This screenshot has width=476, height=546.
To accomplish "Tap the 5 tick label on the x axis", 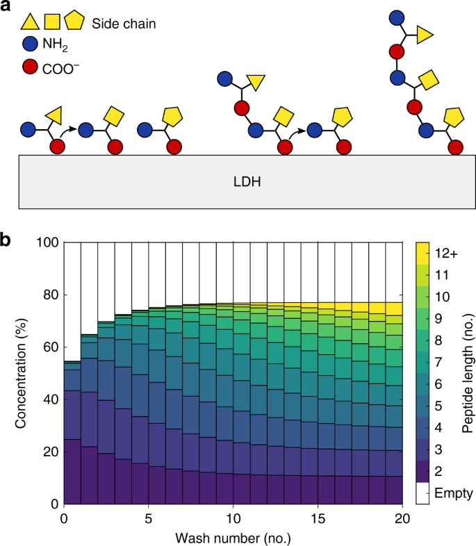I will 149,518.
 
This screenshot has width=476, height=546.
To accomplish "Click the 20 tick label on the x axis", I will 403,518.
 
